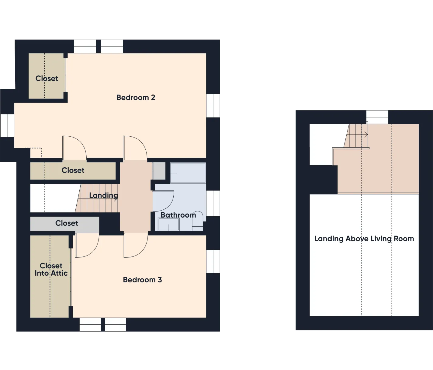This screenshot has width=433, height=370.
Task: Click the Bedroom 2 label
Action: [136, 97]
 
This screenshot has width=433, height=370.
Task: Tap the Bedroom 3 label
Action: [142, 280]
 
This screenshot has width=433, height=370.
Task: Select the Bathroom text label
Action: [178, 215]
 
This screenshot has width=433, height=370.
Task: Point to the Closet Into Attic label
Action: [51, 269]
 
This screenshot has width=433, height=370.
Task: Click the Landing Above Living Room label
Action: [364, 239]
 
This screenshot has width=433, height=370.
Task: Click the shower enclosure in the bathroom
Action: [188, 173]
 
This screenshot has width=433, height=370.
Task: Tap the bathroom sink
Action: [168, 225]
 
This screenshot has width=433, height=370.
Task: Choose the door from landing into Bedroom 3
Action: [136, 245]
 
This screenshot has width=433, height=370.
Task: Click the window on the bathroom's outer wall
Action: [213, 203]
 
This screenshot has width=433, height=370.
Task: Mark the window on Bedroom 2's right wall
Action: [213, 106]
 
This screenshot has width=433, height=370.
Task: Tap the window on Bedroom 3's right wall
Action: [213, 261]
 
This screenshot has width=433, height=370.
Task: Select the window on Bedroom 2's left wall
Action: [7, 125]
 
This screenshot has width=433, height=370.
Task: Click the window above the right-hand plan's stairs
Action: [377, 117]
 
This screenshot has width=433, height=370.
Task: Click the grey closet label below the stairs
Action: [67, 223]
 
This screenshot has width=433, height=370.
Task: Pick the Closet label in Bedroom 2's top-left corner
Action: [47, 78]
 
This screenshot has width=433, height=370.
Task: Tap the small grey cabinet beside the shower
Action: [159, 171]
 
